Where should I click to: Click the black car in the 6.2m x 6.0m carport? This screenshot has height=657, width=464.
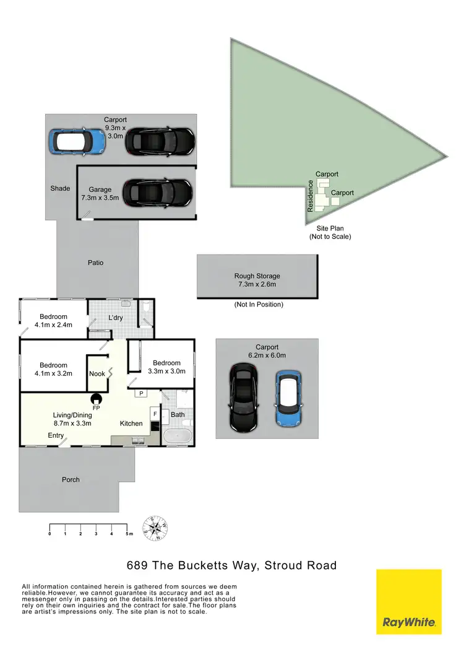tap(244, 397)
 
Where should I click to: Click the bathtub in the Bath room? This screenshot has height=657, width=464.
tap(178, 436)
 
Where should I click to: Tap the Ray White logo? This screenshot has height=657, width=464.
tap(409, 601)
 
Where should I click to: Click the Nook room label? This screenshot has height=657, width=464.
tap(97, 373)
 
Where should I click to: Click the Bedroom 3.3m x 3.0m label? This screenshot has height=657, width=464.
tap(166, 367)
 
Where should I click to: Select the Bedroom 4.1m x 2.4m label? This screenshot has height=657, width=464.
tap(53, 321)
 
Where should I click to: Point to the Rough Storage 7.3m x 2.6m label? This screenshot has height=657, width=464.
tap(257, 280)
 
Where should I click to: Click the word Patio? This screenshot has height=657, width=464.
tap(95, 263)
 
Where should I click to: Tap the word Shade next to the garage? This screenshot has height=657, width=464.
tap(61, 188)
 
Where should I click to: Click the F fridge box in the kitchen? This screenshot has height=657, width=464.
tap(154, 413)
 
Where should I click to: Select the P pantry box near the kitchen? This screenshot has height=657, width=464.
tap(140, 393)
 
